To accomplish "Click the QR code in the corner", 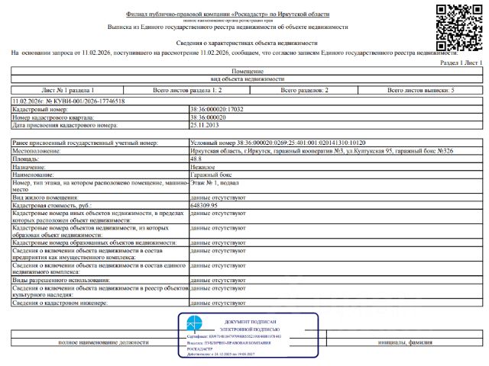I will [458, 27].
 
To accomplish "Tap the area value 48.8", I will [197, 158].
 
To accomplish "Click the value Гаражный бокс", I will [212, 174].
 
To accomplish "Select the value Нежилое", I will [202, 166].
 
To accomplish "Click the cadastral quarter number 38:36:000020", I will [209, 118].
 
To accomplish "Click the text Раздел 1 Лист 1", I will [462, 63].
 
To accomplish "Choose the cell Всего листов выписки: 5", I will [421, 90].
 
